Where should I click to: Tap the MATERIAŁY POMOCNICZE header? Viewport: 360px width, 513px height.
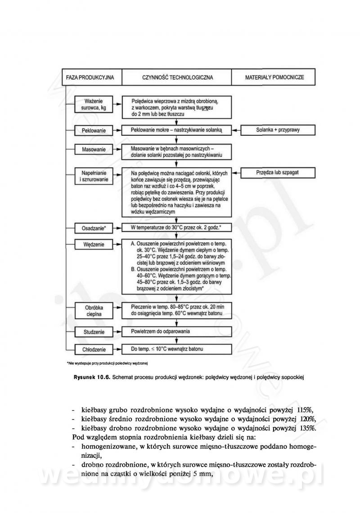(x=274, y=77)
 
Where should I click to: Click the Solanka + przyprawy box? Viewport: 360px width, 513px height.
(x=278, y=130)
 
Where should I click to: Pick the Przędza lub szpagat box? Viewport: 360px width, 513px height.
(x=278, y=173)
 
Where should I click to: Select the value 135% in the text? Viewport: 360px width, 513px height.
(x=308, y=428)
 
